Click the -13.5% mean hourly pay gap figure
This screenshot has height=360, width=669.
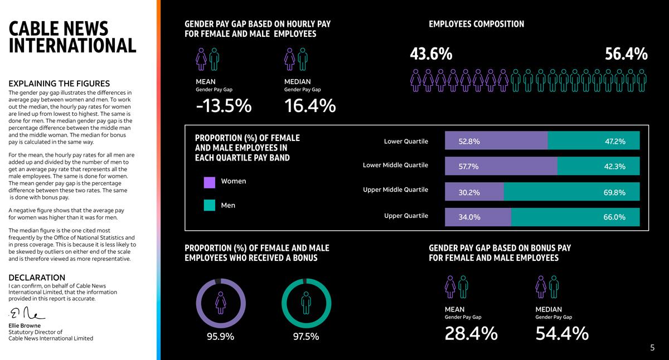click(x=224, y=106)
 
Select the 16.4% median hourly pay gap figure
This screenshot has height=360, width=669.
click(x=310, y=106)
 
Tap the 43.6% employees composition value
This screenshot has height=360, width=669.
click(x=431, y=54)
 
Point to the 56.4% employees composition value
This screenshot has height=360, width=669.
click(x=626, y=54)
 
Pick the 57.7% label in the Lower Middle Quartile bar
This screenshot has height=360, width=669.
click(x=468, y=166)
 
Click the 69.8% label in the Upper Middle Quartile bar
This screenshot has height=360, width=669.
click(x=614, y=193)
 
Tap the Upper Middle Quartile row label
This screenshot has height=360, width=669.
click(x=395, y=190)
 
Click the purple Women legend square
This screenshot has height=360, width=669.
click(x=210, y=182)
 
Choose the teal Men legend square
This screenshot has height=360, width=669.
click(x=210, y=206)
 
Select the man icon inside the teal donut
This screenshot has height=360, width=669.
click(x=306, y=303)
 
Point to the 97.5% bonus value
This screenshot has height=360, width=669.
click(x=306, y=337)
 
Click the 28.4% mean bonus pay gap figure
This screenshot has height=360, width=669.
click(x=471, y=333)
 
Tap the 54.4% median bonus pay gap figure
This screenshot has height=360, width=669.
click(x=562, y=333)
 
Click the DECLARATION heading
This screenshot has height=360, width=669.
click(x=37, y=278)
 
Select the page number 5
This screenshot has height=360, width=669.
click(x=652, y=348)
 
